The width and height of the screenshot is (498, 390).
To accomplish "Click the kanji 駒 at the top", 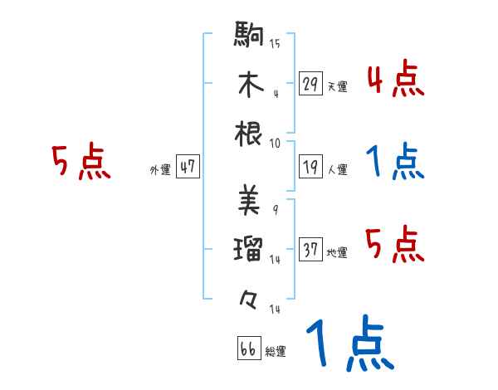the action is coord(249,37).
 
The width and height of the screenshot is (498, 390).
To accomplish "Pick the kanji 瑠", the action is coord(249,247).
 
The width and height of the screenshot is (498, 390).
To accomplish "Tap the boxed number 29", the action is coord(310,83).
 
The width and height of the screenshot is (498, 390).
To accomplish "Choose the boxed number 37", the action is coord(310,249).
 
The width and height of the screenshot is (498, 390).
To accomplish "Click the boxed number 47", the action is coord(188,167).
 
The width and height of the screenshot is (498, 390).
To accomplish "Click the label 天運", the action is coord(337,86).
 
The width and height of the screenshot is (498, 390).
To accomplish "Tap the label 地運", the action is coord(337,252).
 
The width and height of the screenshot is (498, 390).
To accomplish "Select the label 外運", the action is coord(159,170).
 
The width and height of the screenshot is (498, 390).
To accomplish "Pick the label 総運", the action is coord(276,352).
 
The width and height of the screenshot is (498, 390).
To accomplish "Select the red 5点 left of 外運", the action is coord(81,163).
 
